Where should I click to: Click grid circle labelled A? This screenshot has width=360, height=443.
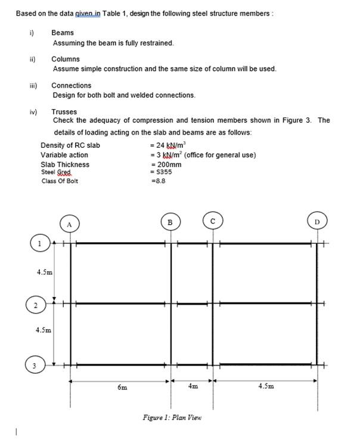point(70,224)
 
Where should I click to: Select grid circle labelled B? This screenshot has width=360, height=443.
point(170,222)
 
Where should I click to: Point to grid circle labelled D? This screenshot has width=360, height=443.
point(317,223)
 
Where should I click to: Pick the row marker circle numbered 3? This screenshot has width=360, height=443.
point(35,364)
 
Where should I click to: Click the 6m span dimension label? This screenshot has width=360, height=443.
point(122,387)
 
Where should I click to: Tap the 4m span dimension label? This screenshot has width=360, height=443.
point(193,386)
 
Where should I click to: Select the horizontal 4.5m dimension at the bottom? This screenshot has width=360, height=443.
point(266,386)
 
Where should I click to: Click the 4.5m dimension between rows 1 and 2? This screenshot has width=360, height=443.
point(44,272)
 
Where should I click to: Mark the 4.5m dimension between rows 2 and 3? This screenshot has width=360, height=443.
point(44,329)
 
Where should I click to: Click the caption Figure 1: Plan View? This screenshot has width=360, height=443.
point(172,417)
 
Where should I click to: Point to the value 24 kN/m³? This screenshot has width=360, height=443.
point(170,145)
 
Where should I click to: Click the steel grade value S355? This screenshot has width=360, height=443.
point(162,172)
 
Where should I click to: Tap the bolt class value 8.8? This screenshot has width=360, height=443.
point(159,181)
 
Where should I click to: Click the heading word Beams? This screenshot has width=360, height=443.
point(63,33)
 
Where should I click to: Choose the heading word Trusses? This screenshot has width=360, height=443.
point(64,111)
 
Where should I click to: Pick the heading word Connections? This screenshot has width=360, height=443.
point(71,85)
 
